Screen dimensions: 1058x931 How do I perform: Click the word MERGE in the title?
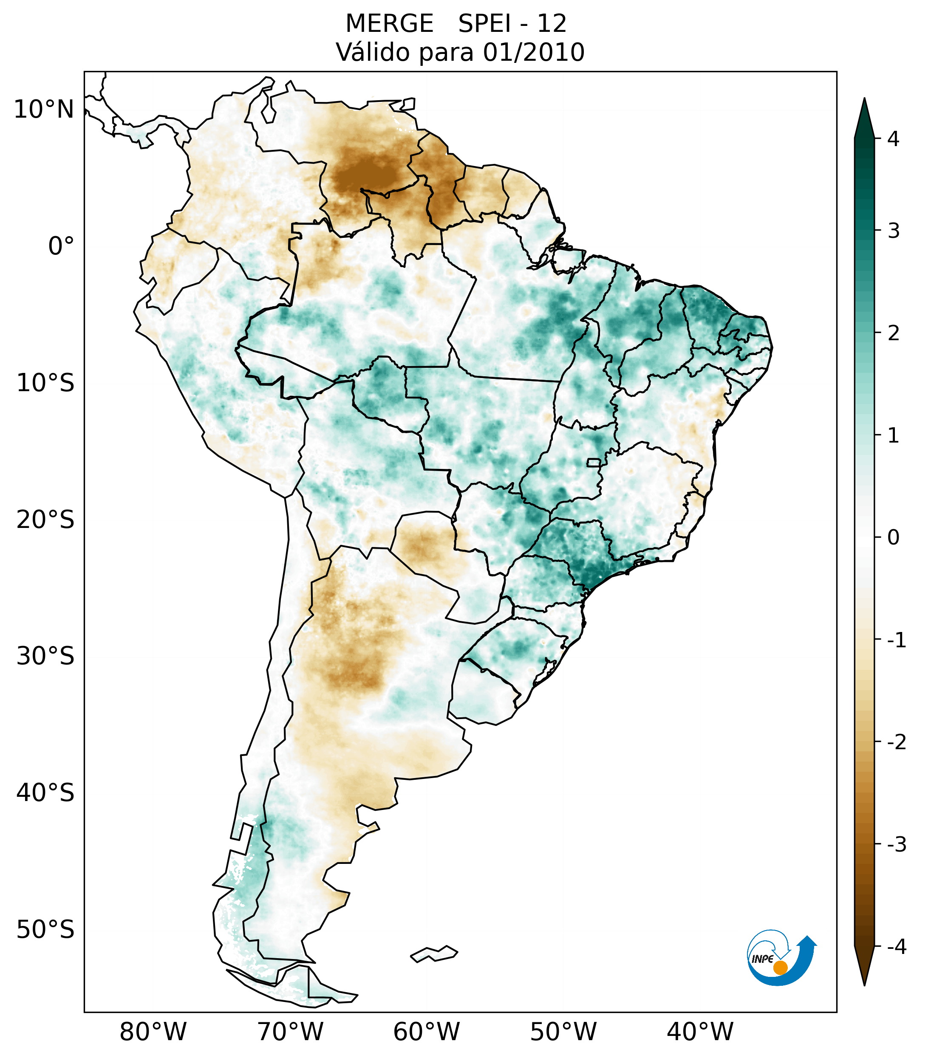pyautogui.click(x=389, y=24)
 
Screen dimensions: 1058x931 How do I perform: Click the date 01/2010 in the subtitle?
pyautogui.click(x=533, y=52)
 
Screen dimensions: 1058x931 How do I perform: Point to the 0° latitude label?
pyautogui.click(x=61, y=246)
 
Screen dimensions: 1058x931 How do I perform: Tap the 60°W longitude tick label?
pyautogui.click(x=426, y=1032)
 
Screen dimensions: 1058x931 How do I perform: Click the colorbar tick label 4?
pyautogui.click(x=893, y=139)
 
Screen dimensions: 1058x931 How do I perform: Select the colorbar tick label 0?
pyautogui.click(x=893, y=538)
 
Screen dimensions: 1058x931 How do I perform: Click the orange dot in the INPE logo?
pyautogui.click(x=780, y=968)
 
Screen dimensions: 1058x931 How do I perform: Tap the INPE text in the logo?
pyautogui.click(x=762, y=959)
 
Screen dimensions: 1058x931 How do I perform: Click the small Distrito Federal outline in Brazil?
pyautogui.click(x=594, y=462)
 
